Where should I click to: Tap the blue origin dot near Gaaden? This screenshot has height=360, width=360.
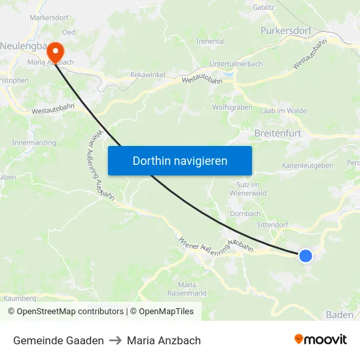[306, 255]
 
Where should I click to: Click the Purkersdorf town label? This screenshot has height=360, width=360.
[289, 31]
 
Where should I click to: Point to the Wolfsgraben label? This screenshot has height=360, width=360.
[232, 107]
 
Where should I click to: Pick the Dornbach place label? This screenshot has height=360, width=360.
[245, 213]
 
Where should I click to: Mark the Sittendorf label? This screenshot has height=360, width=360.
[272, 225]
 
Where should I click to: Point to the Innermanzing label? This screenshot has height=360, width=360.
[34, 142]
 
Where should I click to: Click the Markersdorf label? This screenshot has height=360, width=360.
[49, 18]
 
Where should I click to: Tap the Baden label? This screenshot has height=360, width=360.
[340, 315]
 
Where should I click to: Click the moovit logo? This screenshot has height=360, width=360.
[321, 340]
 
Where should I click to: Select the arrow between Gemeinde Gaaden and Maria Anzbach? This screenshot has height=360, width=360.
[115, 340]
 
